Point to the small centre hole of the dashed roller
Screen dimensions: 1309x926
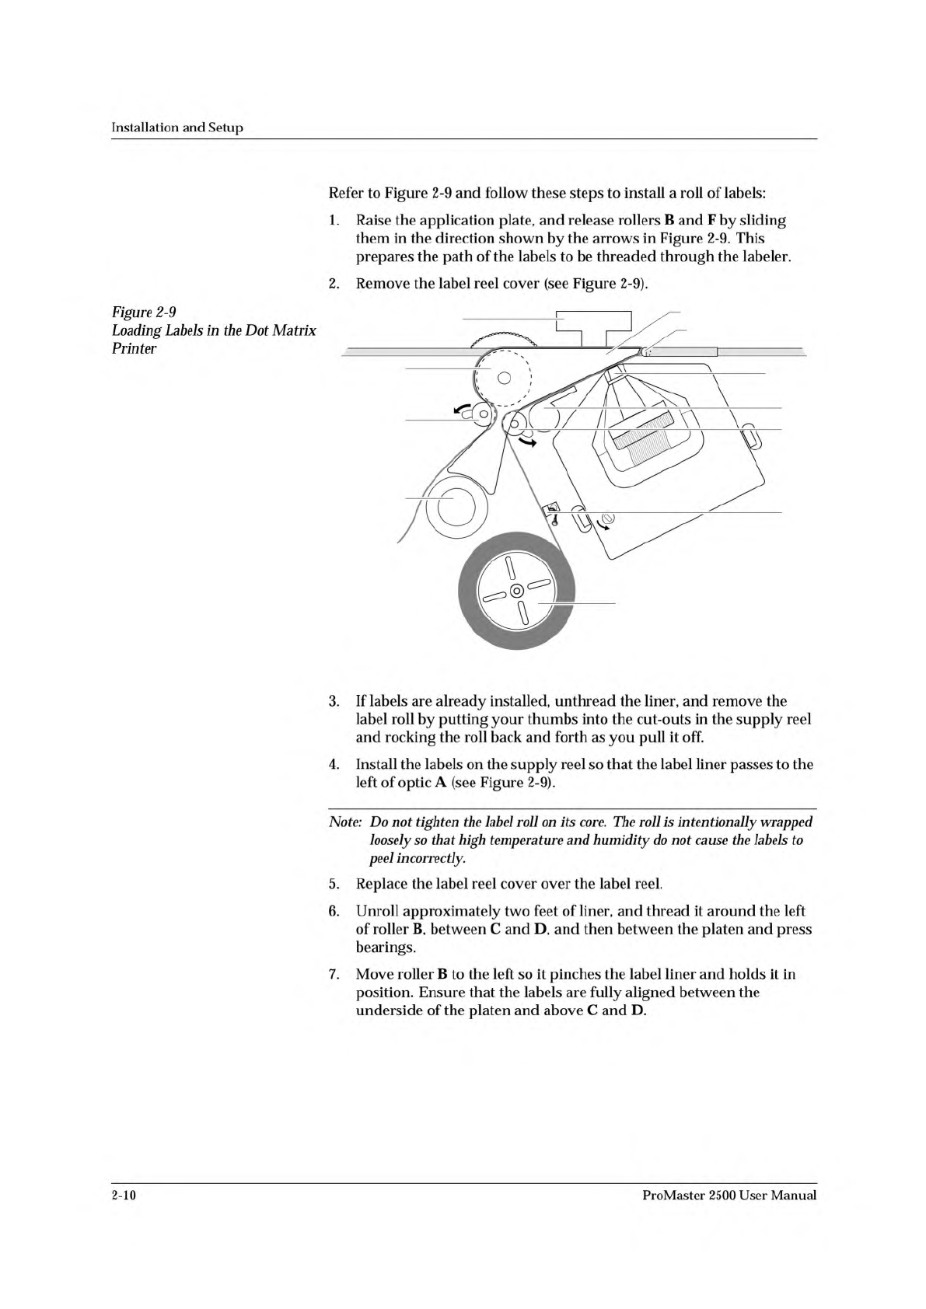tap(503, 379)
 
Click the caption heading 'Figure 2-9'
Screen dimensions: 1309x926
tap(144, 312)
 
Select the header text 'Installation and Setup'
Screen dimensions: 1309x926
tap(177, 127)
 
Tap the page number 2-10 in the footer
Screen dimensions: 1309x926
tap(124, 1196)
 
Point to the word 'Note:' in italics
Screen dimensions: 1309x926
tap(345, 822)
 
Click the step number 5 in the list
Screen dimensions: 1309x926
tap(334, 884)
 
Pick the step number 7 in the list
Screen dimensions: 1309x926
tap(334, 975)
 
